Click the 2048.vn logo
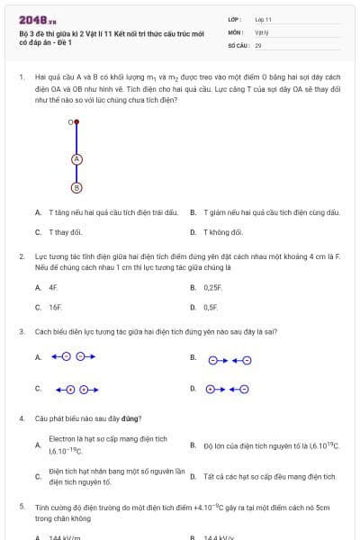point(38,19)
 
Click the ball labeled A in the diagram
point(76,159)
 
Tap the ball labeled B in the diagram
point(76,187)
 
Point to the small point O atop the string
point(76,121)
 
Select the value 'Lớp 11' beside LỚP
point(263,18)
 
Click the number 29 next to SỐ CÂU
point(258,44)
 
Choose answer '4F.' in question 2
point(53,287)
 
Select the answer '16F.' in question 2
point(55,307)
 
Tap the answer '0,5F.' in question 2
point(211,307)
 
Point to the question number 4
point(22,418)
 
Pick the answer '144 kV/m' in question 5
point(65,537)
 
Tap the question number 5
point(22,507)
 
